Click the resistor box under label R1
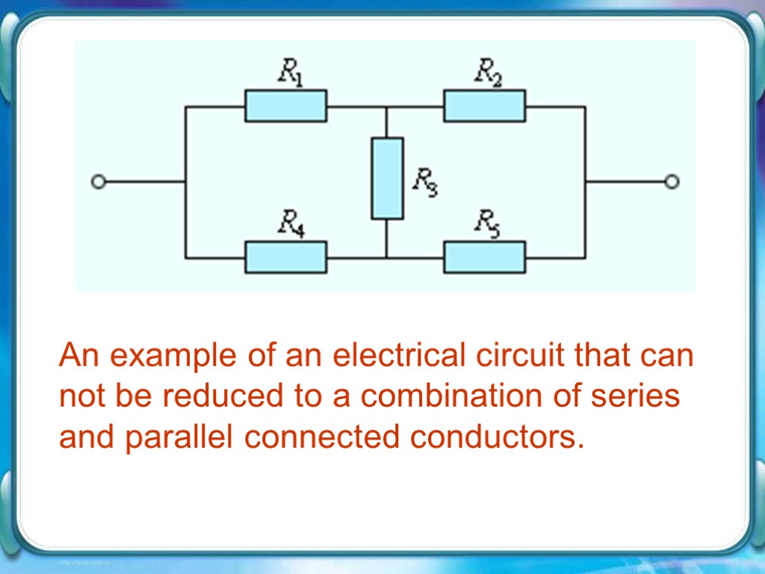[x=285, y=106]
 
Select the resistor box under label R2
[x=485, y=106]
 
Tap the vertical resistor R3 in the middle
[x=387, y=178]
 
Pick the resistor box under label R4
[x=285, y=258]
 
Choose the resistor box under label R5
[x=485, y=258]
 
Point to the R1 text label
[x=291, y=72]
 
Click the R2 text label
[x=489, y=72]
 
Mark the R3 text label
[x=425, y=182]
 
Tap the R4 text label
[x=291, y=223]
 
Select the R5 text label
[x=489, y=223]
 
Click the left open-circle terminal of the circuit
[x=96, y=181]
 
